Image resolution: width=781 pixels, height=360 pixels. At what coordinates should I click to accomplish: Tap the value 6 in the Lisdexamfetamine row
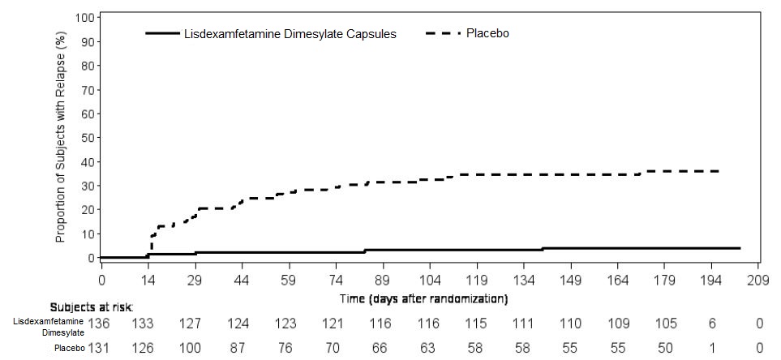[x=711, y=324]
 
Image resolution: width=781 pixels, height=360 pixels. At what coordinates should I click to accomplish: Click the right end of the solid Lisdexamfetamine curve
[x=740, y=248]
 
